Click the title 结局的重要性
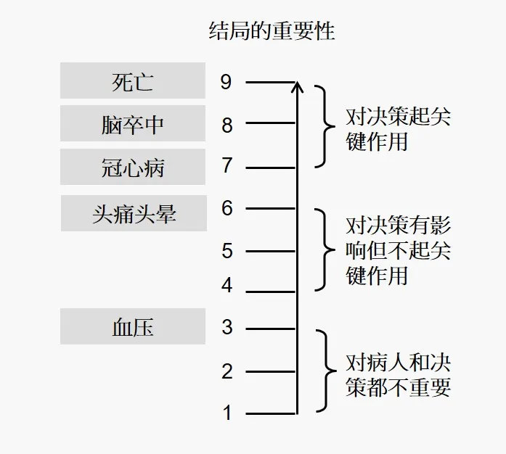(271, 31)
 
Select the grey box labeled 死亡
(134, 81)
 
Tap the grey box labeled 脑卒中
(134, 124)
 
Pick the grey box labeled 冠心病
(134, 167)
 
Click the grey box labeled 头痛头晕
(134, 213)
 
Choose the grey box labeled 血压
(134, 326)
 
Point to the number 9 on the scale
(227, 82)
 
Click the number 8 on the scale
(227, 125)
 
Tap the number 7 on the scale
(227, 166)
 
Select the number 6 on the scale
(227, 209)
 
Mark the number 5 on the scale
(227, 251)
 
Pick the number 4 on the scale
(227, 286)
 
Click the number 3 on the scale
(227, 327)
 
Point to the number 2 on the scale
(227, 372)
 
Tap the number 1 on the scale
(227, 413)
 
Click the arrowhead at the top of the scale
(296, 87)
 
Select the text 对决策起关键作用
(398, 129)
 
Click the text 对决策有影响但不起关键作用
(398, 251)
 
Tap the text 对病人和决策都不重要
(398, 373)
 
